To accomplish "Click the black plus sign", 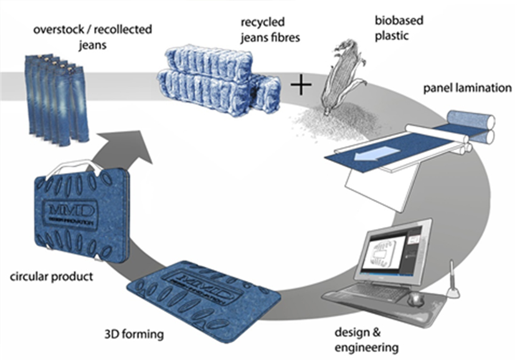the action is [x=301, y=85].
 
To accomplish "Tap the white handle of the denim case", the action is [x=75, y=168].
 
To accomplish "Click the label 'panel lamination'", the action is [x=467, y=88].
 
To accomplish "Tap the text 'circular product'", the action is [x=52, y=276].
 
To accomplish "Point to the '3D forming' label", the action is [x=134, y=334].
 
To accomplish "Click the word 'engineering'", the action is [x=366, y=348].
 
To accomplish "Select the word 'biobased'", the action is [x=399, y=21].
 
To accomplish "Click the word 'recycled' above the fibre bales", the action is [x=262, y=22].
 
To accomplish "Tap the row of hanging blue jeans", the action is [x=57, y=100].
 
